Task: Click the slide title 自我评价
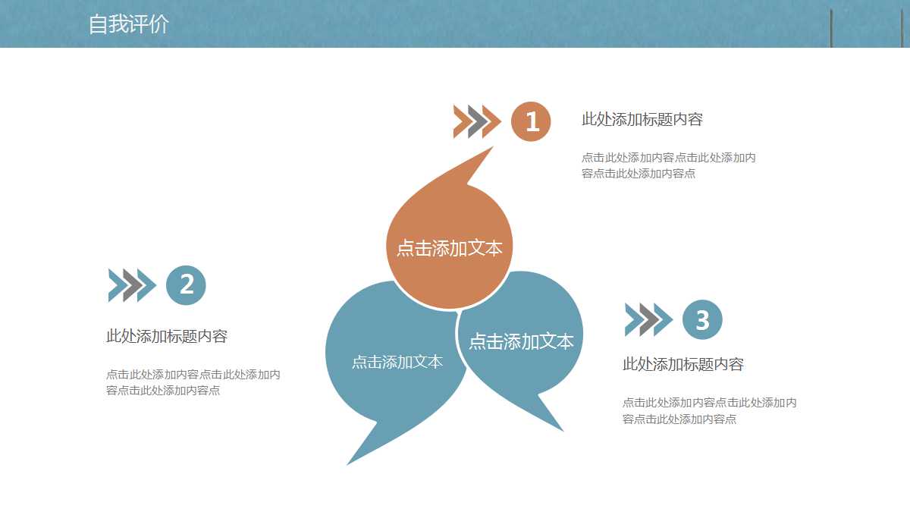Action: click(128, 24)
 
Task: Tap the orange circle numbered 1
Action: click(531, 121)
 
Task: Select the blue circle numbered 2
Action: click(186, 285)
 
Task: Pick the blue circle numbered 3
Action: click(702, 319)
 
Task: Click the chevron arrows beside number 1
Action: click(477, 121)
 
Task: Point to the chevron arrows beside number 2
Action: click(132, 285)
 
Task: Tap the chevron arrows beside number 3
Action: click(648, 319)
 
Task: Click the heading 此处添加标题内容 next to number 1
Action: click(642, 119)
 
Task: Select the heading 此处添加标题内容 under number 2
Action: click(167, 336)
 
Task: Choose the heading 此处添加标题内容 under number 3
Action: click(683, 364)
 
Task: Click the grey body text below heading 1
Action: click(668, 165)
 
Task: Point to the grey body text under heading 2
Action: click(193, 382)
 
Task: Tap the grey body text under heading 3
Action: click(709, 410)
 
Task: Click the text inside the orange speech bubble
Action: click(450, 248)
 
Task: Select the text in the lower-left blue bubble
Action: click(397, 362)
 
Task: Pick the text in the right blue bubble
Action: click(521, 341)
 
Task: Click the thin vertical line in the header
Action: click(831, 28)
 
